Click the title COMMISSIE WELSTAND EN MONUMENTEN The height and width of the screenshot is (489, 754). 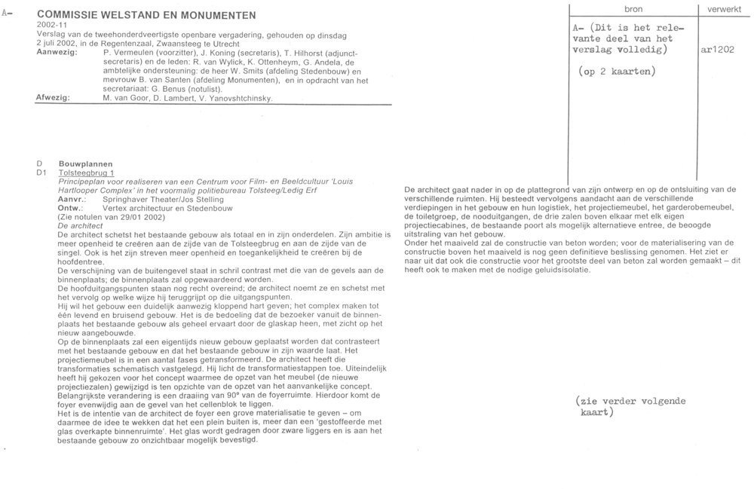(146, 15)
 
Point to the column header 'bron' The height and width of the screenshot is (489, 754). (633, 8)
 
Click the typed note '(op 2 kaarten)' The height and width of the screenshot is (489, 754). (616, 72)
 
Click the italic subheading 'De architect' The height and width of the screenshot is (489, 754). (79, 225)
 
